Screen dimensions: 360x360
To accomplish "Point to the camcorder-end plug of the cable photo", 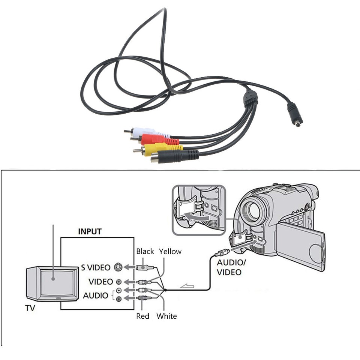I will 295,114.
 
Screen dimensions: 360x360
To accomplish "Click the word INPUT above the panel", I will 90,231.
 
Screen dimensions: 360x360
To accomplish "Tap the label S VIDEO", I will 96,267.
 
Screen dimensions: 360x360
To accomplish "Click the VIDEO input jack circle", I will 119,282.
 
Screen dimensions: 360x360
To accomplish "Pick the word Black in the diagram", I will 145,251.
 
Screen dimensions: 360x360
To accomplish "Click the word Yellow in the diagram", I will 170,251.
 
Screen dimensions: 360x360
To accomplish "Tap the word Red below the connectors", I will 142,316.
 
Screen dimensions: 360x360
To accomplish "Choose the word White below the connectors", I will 166,316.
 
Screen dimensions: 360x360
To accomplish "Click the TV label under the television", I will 30,308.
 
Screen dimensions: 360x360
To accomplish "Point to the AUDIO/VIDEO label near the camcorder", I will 231,267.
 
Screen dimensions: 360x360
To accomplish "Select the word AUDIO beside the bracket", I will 95,295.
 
